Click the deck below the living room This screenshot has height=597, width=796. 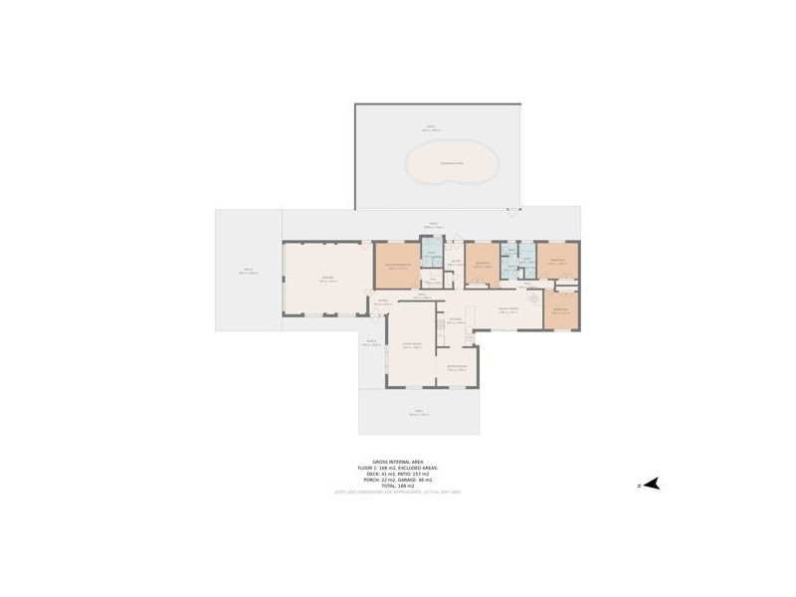coord(419,412)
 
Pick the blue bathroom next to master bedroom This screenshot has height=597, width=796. coord(431,258)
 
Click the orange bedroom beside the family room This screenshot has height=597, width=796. coord(561,310)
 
